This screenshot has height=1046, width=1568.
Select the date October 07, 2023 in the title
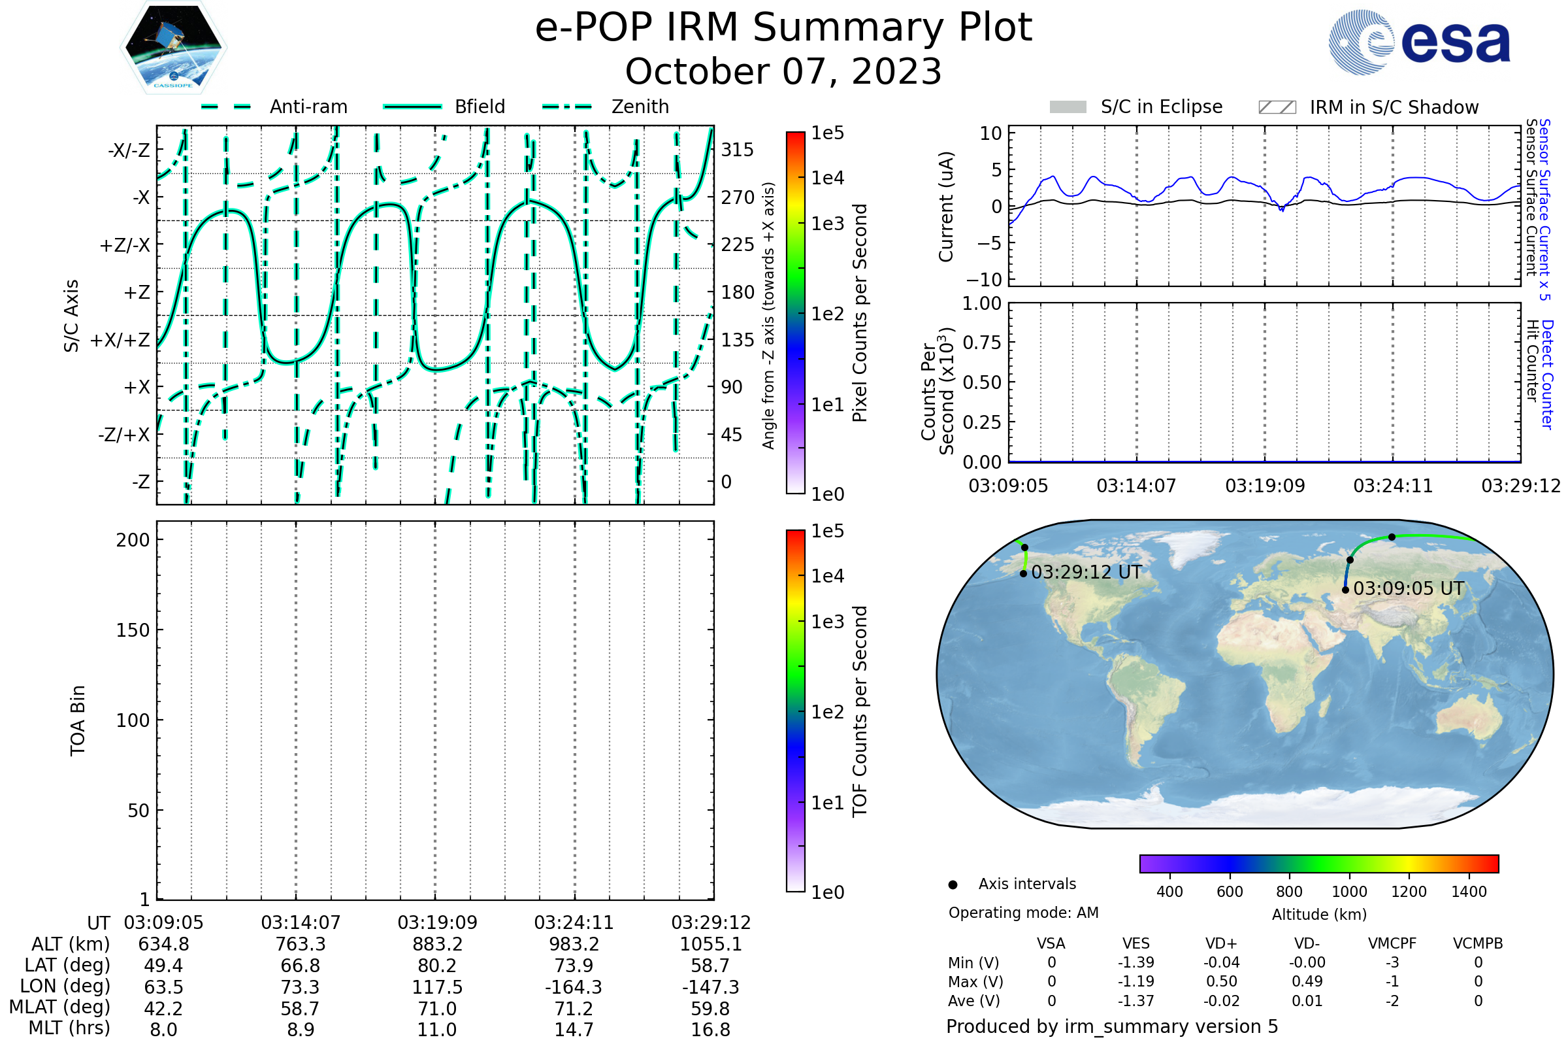tap(783, 72)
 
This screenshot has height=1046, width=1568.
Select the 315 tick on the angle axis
tap(738, 150)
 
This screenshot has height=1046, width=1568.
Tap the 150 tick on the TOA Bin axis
tap(133, 630)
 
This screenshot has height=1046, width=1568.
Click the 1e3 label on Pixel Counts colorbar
tap(827, 224)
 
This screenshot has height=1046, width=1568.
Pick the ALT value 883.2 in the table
tap(437, 945)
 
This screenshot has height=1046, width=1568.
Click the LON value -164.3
tap(574, 987)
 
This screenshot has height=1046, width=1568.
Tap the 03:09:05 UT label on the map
tap(1408, 588)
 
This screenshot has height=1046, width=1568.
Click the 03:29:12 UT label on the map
tap(1086, 573)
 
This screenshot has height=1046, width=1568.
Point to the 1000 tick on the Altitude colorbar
tap(1348, 892)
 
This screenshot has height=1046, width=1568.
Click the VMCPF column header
tap(1392, 944)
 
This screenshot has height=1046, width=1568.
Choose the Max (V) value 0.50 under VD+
tap(1221, 982)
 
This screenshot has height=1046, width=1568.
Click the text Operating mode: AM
tap(1023, 913)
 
